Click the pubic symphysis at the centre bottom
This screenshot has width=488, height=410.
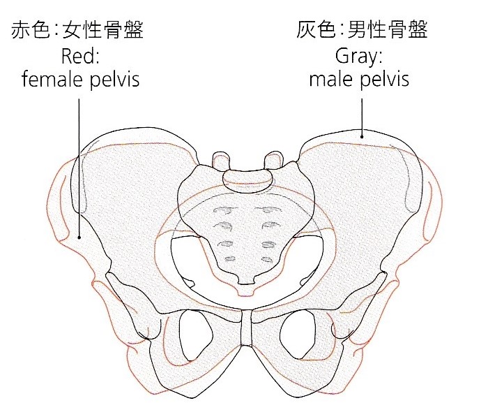pyautogui.click(x=245, y=328)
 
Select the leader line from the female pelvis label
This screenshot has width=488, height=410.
pyautogui.click(x=79, y=168)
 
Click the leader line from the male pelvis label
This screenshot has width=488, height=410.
pyautogui.click(x=362, y=115)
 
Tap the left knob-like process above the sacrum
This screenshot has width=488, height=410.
pyautogui.click(x=220, y=160)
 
